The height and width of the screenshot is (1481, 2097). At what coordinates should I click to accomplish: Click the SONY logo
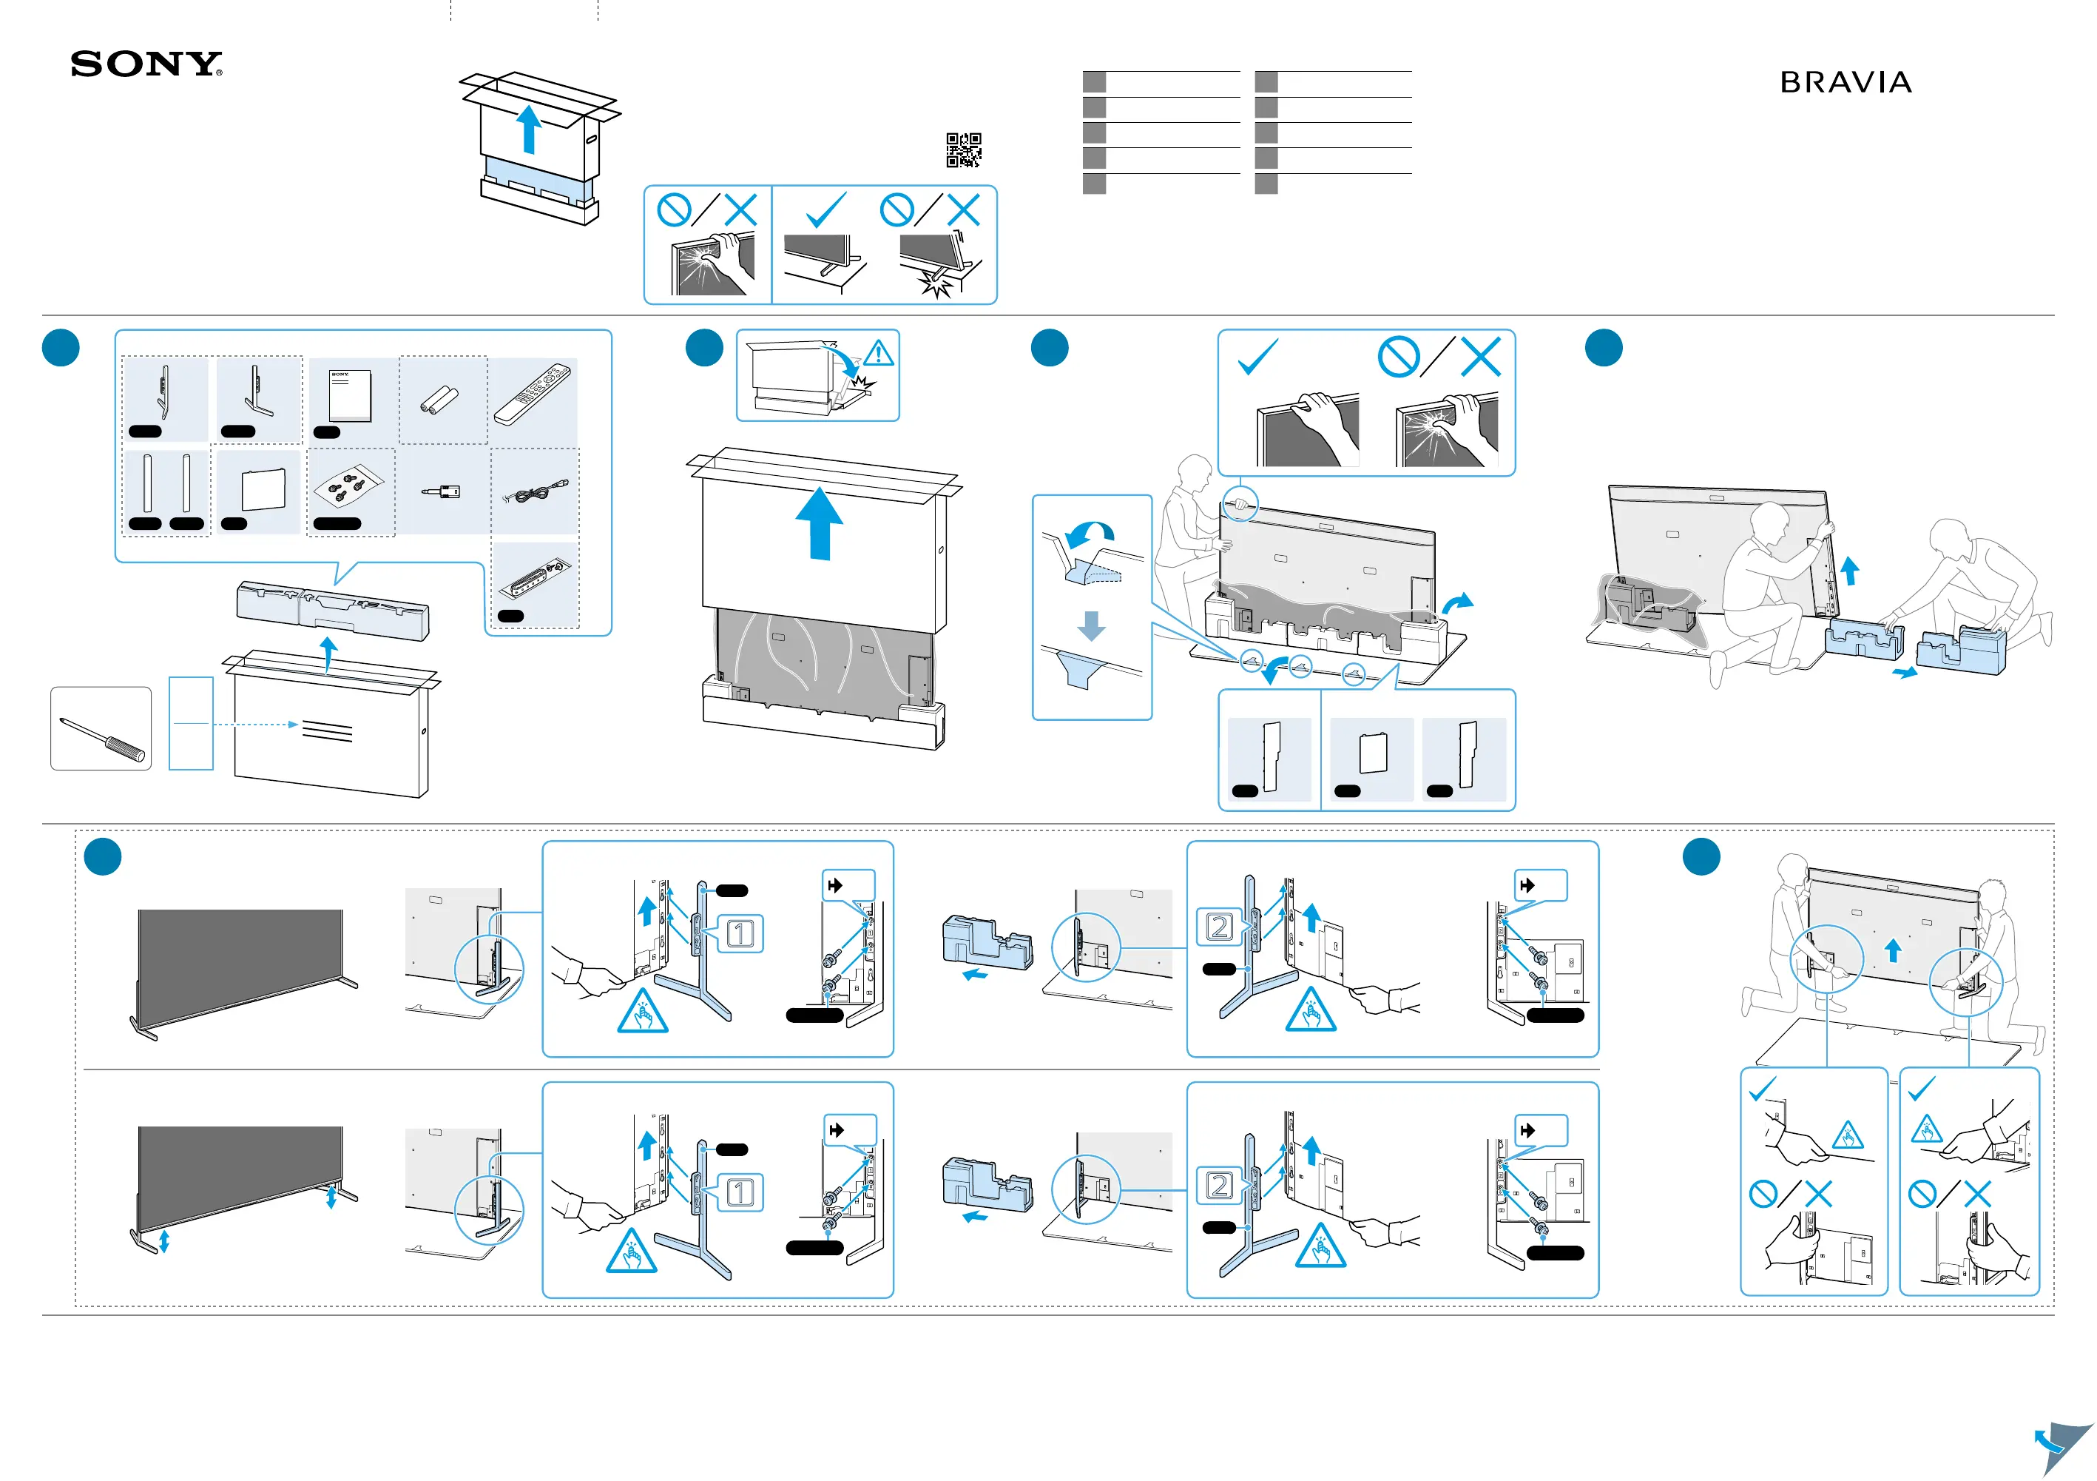point(146,64)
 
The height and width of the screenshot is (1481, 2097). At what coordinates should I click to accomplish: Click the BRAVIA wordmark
point(1845,83)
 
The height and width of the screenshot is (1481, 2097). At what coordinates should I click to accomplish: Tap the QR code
point(964,150)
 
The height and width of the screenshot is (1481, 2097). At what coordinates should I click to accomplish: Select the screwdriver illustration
point(101,738)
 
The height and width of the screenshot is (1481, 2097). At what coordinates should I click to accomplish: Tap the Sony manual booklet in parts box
point(351,396)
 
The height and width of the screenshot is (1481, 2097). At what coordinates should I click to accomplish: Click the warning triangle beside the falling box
point(879,354)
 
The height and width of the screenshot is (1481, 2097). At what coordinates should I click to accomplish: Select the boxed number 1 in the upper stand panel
point(740,934)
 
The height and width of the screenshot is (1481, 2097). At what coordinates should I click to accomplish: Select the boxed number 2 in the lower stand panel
point(1219,1186)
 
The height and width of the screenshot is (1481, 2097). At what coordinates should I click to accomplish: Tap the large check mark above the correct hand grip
point(1257,357)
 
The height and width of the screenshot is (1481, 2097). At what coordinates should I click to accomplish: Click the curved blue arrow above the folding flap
point(1092,533)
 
